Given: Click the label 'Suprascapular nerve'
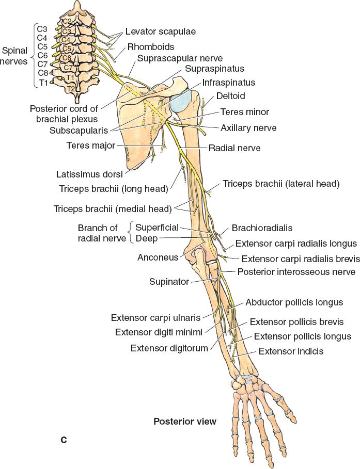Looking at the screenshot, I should coord(173,59).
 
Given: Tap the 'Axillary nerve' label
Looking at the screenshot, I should coord(248,127).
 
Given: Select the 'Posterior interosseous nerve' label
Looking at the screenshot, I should coord(296,272).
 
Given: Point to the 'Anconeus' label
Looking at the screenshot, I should coord(158,257).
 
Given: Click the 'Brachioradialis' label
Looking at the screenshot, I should coord(259,227).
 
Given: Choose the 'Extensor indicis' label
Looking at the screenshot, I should coord(291,351).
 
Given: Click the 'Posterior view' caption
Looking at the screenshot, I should coord(185,421).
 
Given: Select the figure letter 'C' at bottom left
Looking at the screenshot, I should coord(64,440).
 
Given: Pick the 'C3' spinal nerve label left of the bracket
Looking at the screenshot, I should coord(42,28).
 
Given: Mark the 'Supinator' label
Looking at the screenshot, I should coord(169,282).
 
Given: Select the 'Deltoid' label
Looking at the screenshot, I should coord(231,95).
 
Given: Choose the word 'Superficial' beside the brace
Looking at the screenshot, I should coord(157,228).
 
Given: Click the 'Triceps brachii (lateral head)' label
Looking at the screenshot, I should coord(281,184).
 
